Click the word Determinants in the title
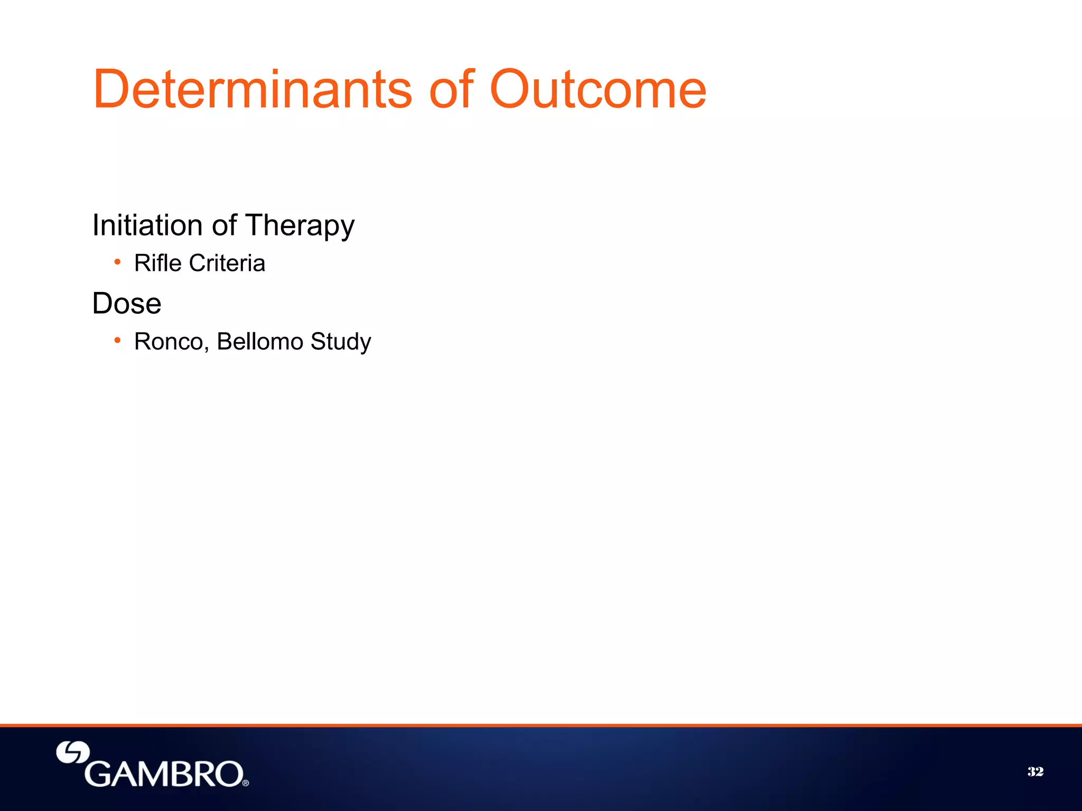tap(253, 90)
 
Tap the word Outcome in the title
tap(598, 90)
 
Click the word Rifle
tap(158, 263)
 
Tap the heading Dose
tap(127, 304)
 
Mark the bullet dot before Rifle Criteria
tap(117, 261)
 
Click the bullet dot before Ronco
tap(117, 340)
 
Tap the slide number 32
tap(1036, 772)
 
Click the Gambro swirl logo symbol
tap(73, 753)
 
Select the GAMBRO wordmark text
tap(164, 774)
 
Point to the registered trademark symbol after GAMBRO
tap(246, 783)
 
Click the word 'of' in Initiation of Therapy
tap(224, 225)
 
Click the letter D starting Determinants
tap(112, 90)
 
